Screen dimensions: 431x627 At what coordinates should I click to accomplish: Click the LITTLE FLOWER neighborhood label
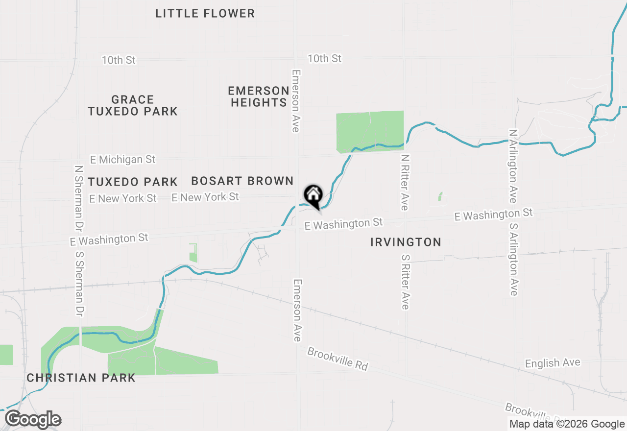205,13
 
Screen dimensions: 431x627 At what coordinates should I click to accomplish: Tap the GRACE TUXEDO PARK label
133,105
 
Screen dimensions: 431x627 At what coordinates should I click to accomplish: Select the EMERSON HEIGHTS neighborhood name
259,96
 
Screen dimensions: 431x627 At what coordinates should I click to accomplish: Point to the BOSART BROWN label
242,181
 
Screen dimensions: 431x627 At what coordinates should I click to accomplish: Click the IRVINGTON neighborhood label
406,242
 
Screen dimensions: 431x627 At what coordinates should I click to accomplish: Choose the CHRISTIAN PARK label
81,378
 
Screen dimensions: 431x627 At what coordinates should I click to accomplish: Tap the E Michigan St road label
123,160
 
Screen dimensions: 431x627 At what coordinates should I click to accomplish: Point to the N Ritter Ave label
404,182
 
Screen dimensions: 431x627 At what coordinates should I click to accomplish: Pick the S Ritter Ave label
405,282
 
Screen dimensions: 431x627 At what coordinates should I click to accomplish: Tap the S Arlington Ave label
513,260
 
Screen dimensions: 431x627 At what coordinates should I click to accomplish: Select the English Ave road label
553,363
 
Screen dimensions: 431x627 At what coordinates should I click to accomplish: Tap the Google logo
33,420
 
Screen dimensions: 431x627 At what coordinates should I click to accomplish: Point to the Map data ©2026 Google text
567,424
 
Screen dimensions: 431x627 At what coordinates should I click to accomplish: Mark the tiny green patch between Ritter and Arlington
440,197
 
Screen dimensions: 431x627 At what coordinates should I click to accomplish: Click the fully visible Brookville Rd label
338,359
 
